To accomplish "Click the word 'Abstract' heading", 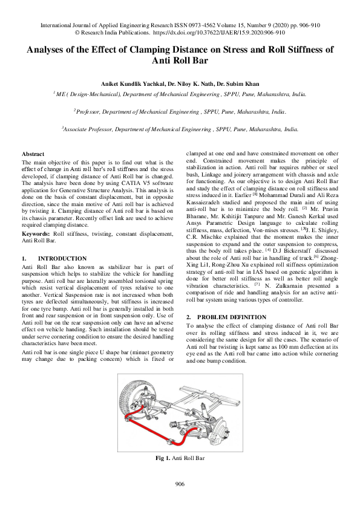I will coord(32,155).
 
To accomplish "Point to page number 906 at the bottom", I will coord(180,484).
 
